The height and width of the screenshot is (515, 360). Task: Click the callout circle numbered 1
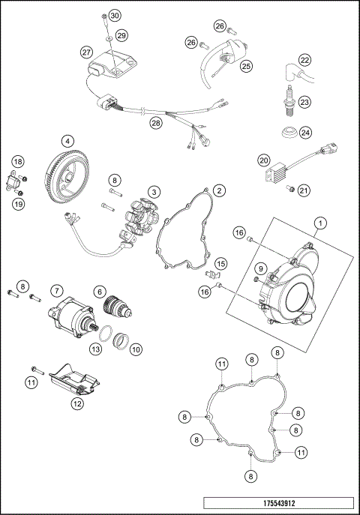click(x=320, y=223)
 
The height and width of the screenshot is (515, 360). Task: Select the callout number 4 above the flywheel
click(x=67, y=140)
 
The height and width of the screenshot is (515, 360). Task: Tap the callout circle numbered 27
click(x=86, y=52)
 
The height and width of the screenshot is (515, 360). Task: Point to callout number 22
click(x=304, y=60)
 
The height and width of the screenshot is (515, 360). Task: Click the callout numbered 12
click(x=77, y=403)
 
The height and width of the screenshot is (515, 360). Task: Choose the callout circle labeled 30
click(x=114, y=16)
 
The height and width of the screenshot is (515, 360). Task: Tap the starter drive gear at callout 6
click(x=117, y=308)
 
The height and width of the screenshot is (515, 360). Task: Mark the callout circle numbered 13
click(x=95, y=349)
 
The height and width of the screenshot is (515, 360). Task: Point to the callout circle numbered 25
click(x=245, y=66)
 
